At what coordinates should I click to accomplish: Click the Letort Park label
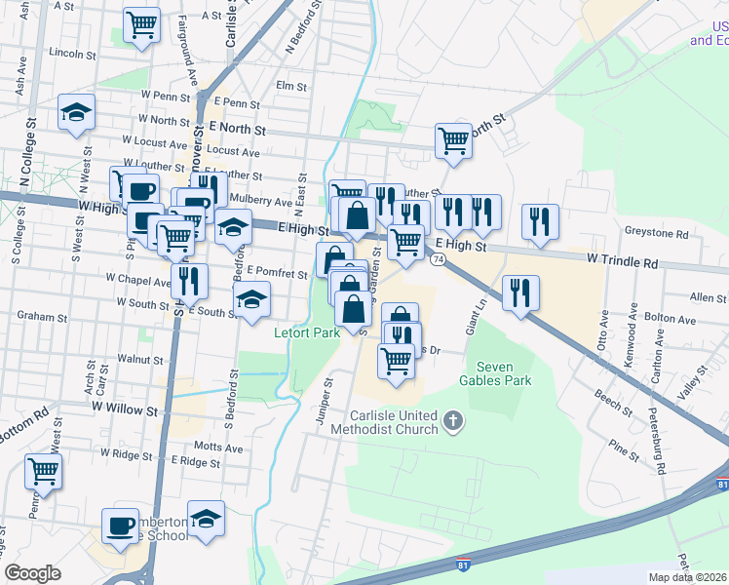[x=306, y=332]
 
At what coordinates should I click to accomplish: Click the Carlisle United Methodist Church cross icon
[x=451, y=421]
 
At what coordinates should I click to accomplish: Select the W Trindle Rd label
[x=623, y=263]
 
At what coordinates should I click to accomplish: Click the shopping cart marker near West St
[x=44, y=471]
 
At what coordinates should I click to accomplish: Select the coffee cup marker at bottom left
[x=121, y=526]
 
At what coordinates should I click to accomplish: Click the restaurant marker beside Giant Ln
[x=521, y=292]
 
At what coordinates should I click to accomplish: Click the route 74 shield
[x=439, y=259]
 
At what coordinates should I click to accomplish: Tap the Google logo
[x=33, y=573]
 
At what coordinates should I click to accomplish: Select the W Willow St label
[x=124, y=404]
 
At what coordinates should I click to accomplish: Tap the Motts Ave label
[x=218, y=448]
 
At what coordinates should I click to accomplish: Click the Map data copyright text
[x=688, y=577]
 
